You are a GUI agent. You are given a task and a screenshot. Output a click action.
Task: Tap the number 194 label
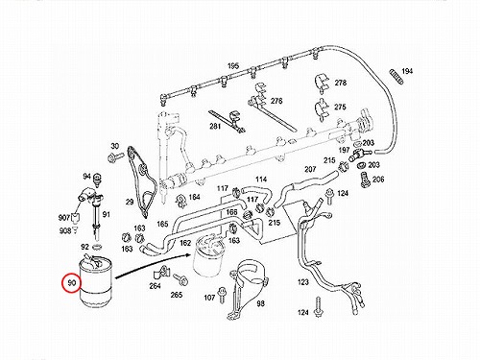[x=407, y=71]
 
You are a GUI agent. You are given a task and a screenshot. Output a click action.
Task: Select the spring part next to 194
[x=396, y=77]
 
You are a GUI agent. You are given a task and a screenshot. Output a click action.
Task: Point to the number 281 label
[x=215, y=127]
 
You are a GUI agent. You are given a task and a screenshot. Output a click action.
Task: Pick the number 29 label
[x=130, y=202]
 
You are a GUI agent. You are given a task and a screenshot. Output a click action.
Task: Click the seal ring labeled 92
[x=97, y=247]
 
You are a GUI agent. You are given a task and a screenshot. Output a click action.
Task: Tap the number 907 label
[x=64, y=218]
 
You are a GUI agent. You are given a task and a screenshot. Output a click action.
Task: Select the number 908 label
[x=65, y=230]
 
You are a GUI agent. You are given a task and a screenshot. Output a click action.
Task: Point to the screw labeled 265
[x=180, y=280]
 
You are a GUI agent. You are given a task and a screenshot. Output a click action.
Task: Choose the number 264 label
[x=155, y=286]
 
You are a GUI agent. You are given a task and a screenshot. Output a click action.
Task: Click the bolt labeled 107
[x=221, y=295]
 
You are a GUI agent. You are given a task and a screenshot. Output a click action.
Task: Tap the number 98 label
[x=261, y=303]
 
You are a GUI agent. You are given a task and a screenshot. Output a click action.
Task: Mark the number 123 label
[x=302, y=282]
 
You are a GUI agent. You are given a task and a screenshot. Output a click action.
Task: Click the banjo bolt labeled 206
[x=365, y=180]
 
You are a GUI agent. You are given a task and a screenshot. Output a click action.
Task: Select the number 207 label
[x=310, y=169]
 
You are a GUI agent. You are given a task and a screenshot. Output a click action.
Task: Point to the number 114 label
[x=261, y=180]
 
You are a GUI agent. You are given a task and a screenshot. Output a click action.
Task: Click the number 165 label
[x=162, y=224]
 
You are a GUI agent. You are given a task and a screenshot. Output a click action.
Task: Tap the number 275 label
[x=340, y=107]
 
